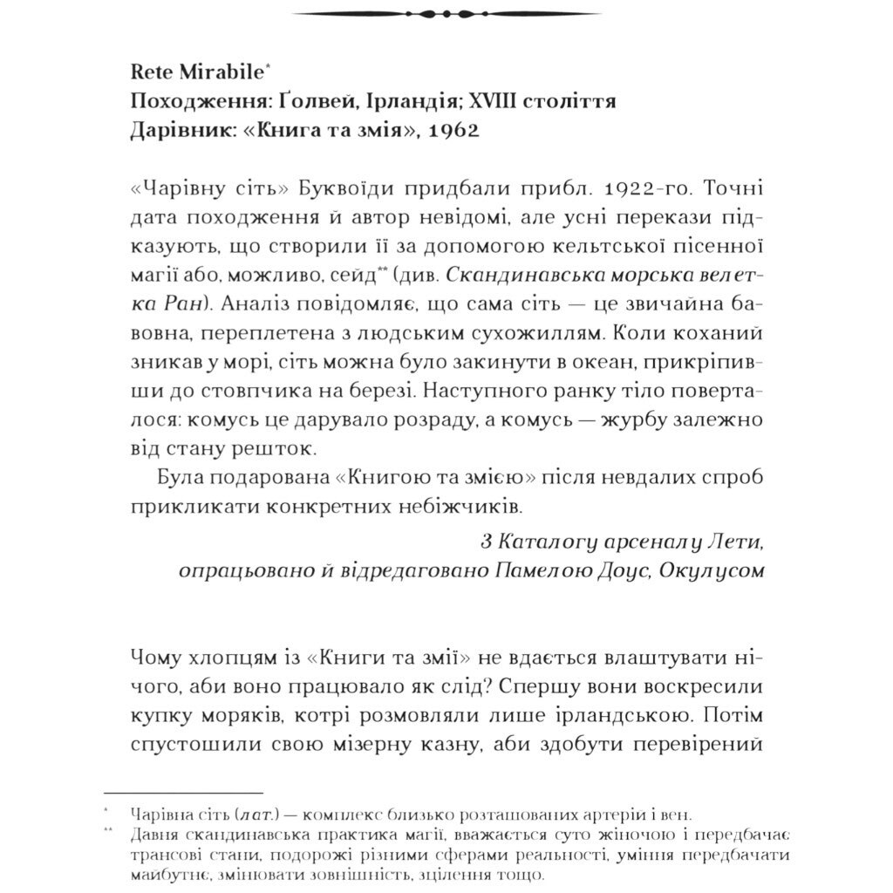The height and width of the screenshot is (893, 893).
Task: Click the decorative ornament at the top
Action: (446, 14)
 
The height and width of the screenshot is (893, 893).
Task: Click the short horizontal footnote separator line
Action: (183, 792)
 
